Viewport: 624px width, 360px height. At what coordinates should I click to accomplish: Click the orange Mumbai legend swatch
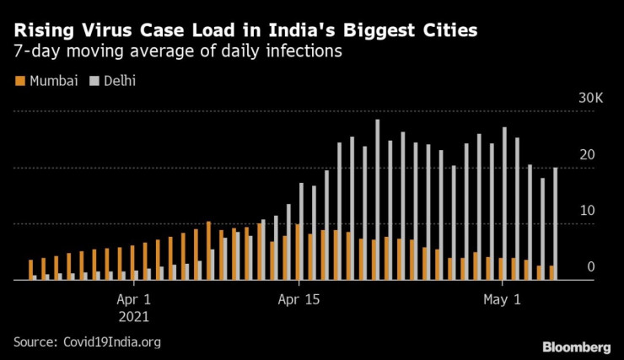[19, 82]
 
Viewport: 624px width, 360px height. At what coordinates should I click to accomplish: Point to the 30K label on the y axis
[590, 99]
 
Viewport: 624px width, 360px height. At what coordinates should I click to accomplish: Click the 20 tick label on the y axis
[591, 155]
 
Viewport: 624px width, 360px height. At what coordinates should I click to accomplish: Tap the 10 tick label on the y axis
[591, 211]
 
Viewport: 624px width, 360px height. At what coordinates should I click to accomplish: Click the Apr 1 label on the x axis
[134, 299]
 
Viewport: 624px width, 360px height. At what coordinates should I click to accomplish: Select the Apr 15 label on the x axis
[299, 299]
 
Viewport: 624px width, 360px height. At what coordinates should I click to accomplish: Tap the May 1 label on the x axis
[503, 299]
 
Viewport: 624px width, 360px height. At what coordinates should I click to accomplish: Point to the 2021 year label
[133, 317]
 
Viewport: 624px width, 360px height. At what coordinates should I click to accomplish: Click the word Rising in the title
[41, 31]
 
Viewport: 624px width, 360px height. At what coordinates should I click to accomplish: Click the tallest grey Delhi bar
[377, 200]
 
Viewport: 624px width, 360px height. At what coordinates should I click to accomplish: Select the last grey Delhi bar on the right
[555, 223]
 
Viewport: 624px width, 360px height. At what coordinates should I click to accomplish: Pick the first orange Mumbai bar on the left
[30, 270]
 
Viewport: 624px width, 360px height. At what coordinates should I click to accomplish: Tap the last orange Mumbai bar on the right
[551, 273]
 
